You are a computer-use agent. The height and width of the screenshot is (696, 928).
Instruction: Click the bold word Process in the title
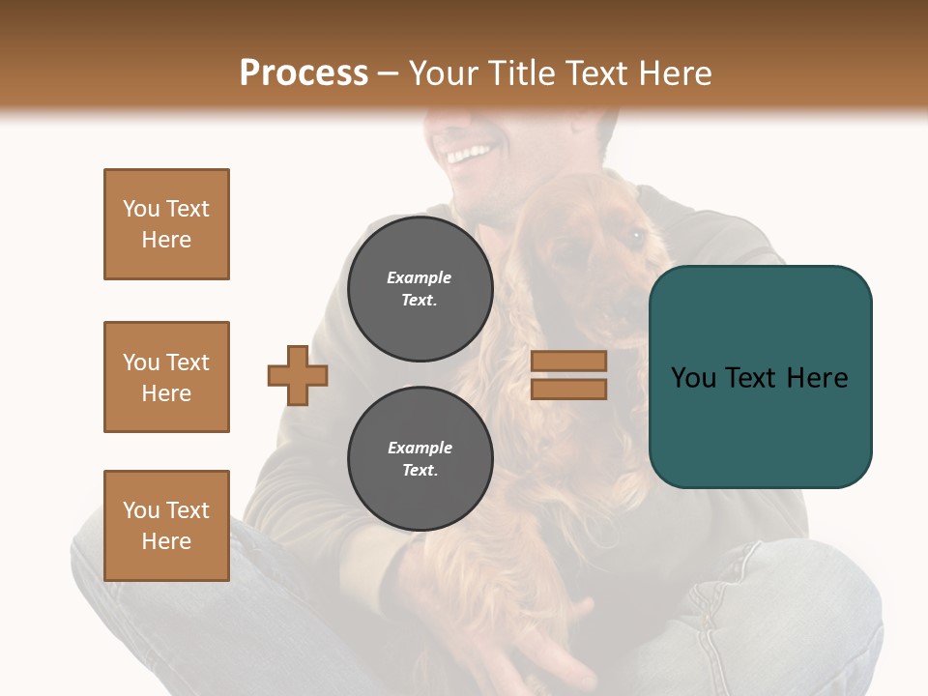click(304, 73)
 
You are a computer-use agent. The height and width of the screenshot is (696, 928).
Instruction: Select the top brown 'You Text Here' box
click(166, 224)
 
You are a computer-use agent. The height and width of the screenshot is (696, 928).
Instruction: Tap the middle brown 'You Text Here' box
click(166, 377)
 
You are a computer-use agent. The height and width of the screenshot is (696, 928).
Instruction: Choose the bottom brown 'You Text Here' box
click(166, 526)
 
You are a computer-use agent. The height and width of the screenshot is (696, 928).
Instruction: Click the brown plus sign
click(298, 375)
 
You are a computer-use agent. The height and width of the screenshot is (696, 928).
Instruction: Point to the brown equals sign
click(568, 375)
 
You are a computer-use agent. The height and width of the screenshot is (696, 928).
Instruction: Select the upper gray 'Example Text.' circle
click(420, 288)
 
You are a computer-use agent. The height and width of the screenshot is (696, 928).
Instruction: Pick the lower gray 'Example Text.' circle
click(420, 458)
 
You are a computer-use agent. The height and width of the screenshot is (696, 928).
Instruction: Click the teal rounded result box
click(760, 377)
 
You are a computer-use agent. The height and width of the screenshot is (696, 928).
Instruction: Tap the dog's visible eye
click(635, 234)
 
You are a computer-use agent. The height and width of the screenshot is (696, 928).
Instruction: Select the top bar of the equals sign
click(568, 362)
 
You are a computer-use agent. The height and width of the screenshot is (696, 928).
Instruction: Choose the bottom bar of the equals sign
click(568, 389)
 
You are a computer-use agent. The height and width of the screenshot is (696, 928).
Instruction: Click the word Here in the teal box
click(817, 378)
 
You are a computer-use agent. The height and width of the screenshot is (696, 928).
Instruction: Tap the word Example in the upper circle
click(420, 277)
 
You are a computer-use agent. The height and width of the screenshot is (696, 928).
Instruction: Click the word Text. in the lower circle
click(420, 471)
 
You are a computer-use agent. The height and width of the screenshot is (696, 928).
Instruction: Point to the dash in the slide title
click(389, 74)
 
